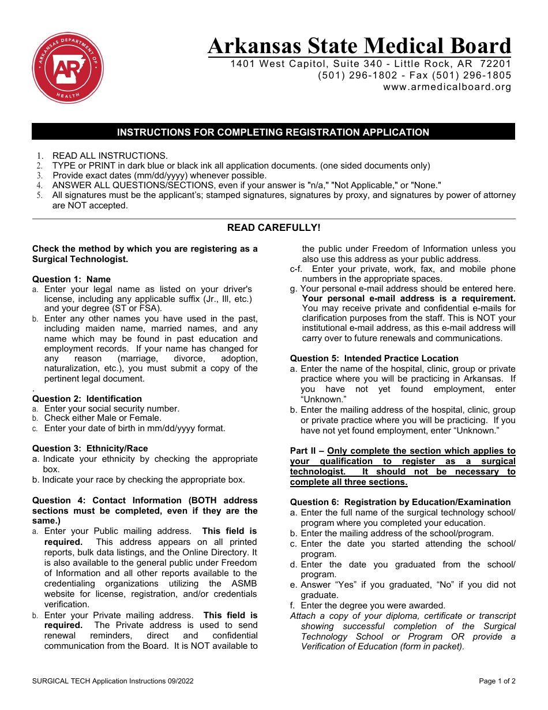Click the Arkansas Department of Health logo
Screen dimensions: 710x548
pos(68,68)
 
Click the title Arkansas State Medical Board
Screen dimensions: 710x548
pos(359,46)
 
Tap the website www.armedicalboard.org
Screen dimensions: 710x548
pos(447,87)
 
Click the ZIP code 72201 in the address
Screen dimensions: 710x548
pos(496,63)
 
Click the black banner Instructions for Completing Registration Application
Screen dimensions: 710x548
pos(273,132)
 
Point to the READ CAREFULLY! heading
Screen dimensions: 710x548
pos(273,227)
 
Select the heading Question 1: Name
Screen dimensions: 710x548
pos(72,279)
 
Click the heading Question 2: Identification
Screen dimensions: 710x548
pos(87,399)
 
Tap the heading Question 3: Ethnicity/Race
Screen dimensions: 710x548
pos(90,449)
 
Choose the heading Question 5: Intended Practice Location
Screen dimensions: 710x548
pos(374,358)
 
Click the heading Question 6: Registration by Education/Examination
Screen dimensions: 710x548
pos(400,502)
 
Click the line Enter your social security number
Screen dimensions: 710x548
pos(111,409)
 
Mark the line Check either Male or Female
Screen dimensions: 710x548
pos(103,418)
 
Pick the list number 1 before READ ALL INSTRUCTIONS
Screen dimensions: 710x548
pos(40,156)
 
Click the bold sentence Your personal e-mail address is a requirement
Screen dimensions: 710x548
pos(408,298)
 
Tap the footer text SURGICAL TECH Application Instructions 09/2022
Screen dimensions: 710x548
pos(113,681)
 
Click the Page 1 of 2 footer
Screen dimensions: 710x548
pos(497,681)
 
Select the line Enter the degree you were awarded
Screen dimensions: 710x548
pos(373,606)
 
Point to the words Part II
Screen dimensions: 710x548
pos(303,451)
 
